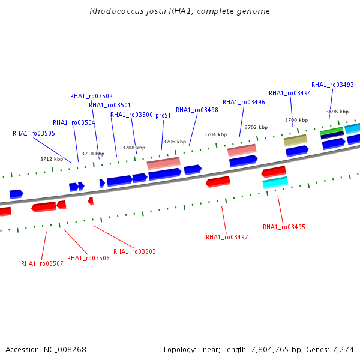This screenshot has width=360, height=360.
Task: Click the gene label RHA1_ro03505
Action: click(34, 133)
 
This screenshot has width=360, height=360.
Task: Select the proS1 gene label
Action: click(163, 115)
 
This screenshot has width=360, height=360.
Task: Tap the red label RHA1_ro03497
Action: click(227, 237)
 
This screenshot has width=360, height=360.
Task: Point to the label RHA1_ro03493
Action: click(332, 85)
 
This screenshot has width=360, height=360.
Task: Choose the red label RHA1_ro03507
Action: click(42, 263)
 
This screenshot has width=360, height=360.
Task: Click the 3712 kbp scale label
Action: click(52, 159)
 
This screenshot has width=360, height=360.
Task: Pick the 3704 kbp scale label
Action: click(215, 134)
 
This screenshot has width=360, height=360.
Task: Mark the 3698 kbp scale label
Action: click(337, 112)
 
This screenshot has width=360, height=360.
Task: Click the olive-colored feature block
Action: click(295, 140)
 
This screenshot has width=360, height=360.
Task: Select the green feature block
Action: click(331, 131)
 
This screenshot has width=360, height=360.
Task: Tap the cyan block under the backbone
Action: click(275, 183)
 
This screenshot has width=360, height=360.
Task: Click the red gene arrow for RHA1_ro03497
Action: click(218, 182)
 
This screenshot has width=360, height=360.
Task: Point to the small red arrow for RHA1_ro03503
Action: click(91, 201)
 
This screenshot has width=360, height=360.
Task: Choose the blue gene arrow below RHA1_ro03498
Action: click(193, 170)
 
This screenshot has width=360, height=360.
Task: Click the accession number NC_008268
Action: click(65, 350)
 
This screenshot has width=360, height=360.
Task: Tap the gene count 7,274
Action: click(343, 350)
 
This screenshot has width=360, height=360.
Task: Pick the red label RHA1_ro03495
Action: click(284, 227)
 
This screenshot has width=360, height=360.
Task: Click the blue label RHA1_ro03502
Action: click(91, 96)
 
